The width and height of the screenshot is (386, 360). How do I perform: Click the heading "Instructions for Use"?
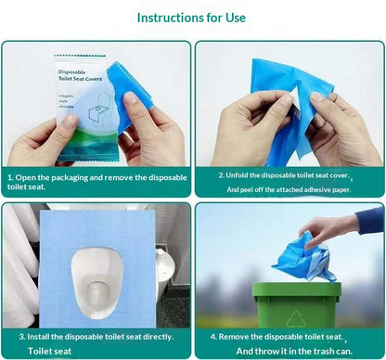point(192,18)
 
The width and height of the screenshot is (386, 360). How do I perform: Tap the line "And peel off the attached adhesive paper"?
point(289,189)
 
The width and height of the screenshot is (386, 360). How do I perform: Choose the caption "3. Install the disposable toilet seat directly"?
point(92,336)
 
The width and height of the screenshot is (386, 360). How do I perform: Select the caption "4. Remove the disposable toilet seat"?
point(283,336)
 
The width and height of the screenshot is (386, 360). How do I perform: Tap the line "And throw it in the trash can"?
point(292,351)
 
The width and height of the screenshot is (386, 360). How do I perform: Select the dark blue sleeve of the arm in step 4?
point(368,220)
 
